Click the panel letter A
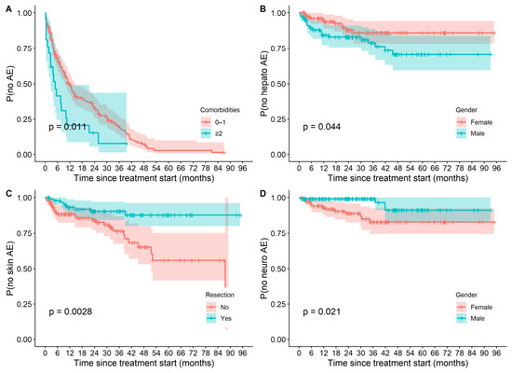8,9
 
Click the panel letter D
263,194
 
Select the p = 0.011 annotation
68,127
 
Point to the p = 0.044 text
322,127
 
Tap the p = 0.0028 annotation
71,311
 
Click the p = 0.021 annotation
322,311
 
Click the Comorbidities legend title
220,110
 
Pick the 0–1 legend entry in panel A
213,122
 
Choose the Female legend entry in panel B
475,122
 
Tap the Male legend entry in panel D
470,318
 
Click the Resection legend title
220,295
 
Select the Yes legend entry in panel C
219,318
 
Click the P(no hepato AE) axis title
263,84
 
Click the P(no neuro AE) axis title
263,269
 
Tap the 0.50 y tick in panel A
24,84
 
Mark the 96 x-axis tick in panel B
496,168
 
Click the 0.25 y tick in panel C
24,304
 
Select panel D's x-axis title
398,363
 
